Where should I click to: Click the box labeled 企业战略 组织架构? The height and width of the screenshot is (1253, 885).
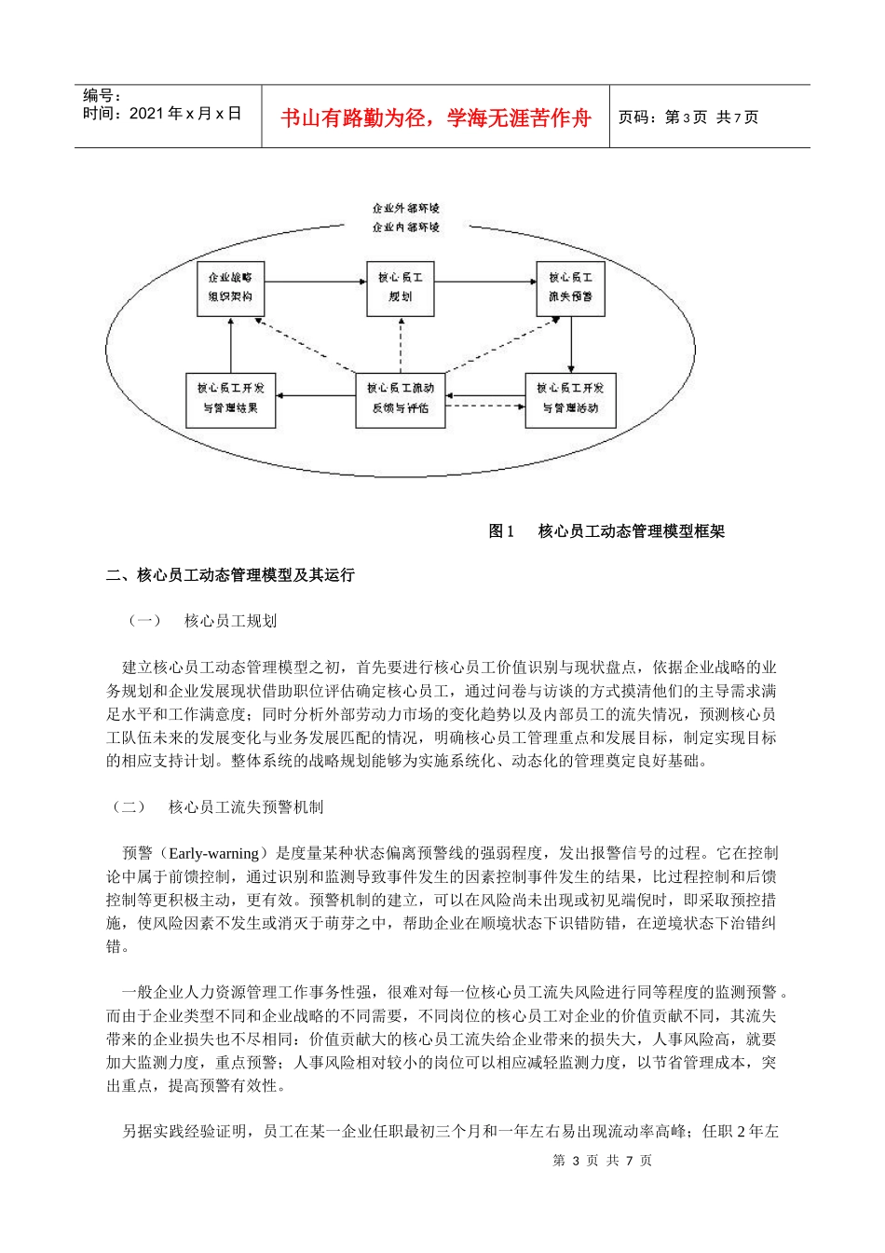[231, 288]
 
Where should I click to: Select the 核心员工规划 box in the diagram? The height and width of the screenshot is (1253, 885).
[400, 288]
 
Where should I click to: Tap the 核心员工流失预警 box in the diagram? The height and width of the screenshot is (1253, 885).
[570, 288]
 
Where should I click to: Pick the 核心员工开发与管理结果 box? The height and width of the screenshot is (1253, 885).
[231, 399]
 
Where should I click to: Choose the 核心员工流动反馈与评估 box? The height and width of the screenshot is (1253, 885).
[401, 399]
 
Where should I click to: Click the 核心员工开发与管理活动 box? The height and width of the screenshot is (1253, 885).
[570, 399]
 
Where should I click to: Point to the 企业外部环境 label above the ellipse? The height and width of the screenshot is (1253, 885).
[405, 208]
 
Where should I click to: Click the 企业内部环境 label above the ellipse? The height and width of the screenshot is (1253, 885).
[405, 227]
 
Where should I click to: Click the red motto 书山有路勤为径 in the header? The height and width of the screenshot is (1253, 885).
[435, 118]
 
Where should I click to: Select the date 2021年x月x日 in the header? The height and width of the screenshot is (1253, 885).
[185, 114]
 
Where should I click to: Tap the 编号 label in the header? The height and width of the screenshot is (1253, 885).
[102, 95]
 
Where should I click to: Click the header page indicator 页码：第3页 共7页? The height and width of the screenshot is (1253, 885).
[688, 117]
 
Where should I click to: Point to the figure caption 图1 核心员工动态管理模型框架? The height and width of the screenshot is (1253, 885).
[606, 531]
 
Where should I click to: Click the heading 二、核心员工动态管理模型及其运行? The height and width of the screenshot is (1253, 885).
[230, 575]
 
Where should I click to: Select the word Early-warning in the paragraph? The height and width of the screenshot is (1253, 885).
[214, 853]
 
